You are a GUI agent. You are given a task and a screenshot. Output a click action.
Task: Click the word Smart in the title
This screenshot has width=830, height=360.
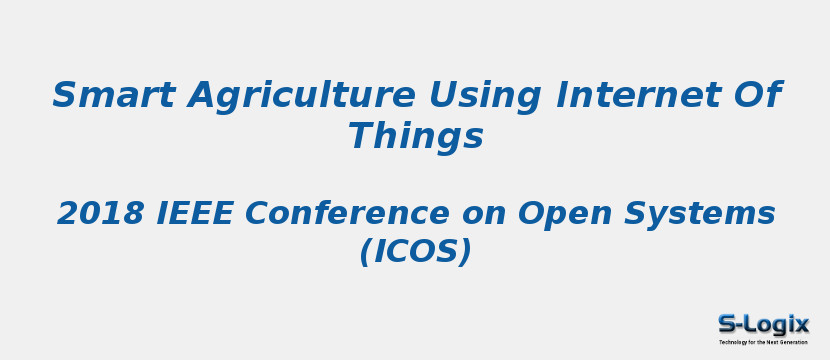tap(114, 96)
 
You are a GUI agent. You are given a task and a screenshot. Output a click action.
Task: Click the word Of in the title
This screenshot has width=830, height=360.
tap(755, 96)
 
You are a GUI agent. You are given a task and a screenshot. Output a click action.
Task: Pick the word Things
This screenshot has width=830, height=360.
tap(415, 136)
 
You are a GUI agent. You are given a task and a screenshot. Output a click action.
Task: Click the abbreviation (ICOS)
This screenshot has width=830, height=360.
tap(415, 252)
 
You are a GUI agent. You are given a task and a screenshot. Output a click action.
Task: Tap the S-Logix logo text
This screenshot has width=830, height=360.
tap(763, 324)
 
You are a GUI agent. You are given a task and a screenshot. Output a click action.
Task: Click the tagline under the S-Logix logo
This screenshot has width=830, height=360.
tap(763, 342)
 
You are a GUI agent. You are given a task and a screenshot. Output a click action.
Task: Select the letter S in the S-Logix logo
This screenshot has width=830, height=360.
tap(727, 324)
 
